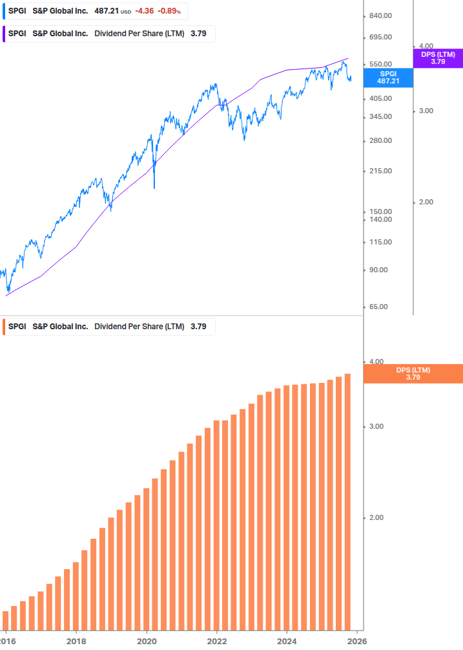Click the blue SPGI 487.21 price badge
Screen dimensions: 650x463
[388, 77]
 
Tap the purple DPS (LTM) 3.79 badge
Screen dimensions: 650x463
[438, 58]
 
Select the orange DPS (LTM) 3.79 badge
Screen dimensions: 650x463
[413, 373]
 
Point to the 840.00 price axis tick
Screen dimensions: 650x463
[380, 16]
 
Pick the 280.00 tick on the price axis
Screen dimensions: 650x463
[380, 140]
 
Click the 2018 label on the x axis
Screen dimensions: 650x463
[76, 640]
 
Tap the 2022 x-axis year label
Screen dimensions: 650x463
[216, 640]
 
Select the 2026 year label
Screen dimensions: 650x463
[357, 640]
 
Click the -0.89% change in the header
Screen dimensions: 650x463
[169, 11]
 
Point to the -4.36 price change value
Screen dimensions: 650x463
[144, 11]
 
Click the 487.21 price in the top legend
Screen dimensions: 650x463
[106, 11]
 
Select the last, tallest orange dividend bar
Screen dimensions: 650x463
[347, 501]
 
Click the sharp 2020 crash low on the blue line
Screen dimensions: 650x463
[154, 188]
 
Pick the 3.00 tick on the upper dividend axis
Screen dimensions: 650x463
[426, 111]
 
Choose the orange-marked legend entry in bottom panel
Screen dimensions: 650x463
[108, 327]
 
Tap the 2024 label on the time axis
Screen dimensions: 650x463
[287, 640]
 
